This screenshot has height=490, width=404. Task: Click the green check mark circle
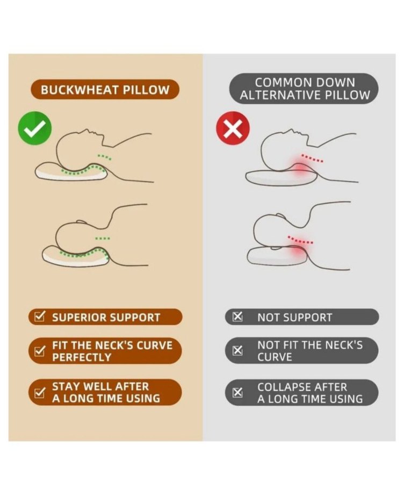click(x=35, y=128)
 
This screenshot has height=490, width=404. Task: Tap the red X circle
click(x=233, y=128)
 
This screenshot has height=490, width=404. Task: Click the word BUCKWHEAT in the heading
click(x=80, y=90)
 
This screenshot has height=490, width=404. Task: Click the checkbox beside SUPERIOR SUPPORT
click(x=40, y=316)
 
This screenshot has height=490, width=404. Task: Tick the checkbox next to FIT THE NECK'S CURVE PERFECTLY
click(x=39, y=351)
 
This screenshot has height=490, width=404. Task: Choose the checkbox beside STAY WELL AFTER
click(x=39, y=392)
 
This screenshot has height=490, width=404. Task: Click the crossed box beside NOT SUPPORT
click(x=237, y=316)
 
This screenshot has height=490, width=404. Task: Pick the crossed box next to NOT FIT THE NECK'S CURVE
click(x=237, y=350)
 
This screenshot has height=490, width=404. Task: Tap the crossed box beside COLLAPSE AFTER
click(x=237, y=392)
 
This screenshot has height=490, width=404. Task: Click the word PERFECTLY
click(x=82, y=357)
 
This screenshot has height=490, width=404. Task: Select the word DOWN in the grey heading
click(x=335, y=83)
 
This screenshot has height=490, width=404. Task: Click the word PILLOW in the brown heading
click(x=146, y=90)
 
